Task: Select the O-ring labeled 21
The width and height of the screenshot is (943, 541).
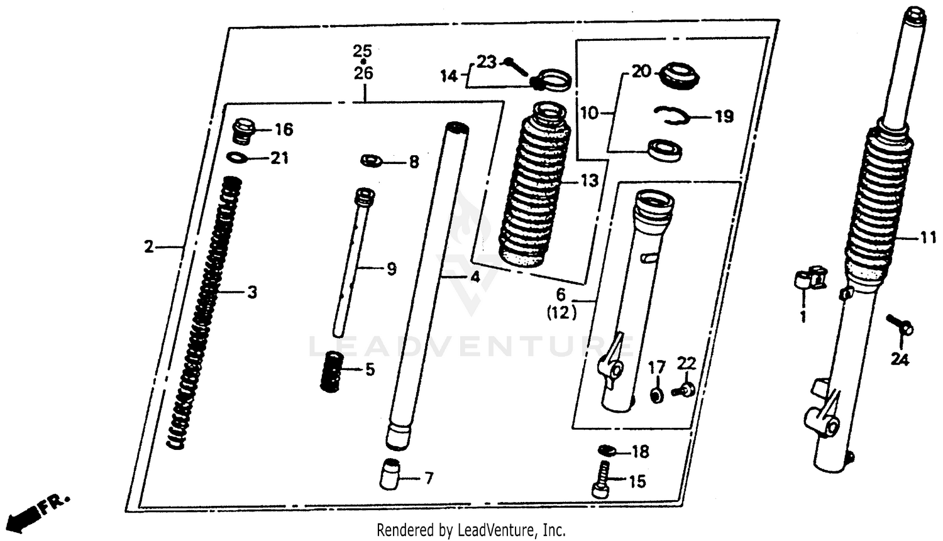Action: tap(236, 157)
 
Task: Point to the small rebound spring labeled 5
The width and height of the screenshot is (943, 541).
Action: tap(331, 372)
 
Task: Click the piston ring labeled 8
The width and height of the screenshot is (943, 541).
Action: tap(372, 161)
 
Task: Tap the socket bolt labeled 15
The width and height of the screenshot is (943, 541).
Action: tap(601, 481)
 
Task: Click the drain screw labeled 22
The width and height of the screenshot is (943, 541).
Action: tap(683, 390)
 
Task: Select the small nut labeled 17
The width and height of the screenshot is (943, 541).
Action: tap(657, 396)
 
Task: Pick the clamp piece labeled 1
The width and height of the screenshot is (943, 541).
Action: tap(809, 278)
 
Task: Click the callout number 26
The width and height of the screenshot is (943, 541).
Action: tap(363, 73)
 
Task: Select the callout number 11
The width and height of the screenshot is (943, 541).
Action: tap(929, 238)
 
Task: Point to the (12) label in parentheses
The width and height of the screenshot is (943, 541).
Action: tap(561, 313)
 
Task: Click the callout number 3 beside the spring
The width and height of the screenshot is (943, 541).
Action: tap(252, 292)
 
